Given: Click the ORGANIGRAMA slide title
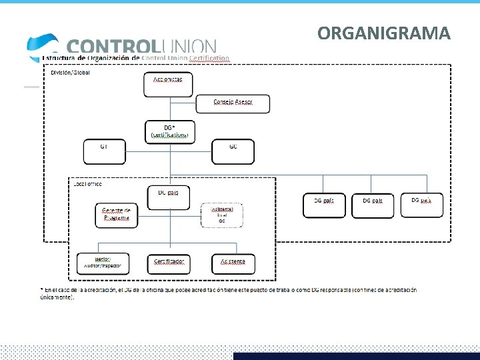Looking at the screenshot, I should click(384, 33).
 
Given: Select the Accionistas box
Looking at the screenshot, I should click(167, 83).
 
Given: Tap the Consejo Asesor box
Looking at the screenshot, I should click(233, 103).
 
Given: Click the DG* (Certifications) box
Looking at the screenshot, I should click(169, 131).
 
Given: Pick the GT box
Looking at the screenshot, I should click(104, 151).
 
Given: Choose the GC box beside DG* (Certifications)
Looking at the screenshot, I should click(233, 151).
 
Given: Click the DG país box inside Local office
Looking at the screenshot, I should click(167, 196).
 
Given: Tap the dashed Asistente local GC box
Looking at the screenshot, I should click(222, 215).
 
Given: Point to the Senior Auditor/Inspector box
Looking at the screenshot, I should click(103, 263).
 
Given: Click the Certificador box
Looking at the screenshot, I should click(169, 263).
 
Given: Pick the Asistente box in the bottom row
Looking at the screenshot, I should click(233, 263).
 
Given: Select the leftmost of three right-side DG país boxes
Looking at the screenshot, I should click(324, 205).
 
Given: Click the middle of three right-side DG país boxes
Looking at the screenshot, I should click(373, 205).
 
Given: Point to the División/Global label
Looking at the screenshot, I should click(71, 72).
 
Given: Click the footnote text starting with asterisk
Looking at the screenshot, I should click(227, 293).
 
